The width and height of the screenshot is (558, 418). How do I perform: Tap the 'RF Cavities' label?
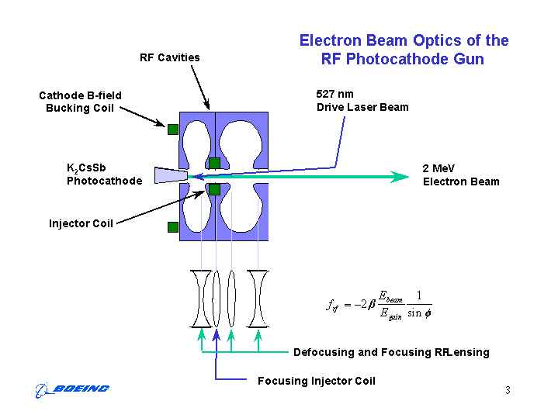[x=169, y=57]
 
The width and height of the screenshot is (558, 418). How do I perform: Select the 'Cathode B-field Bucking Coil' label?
[x=80, y=102]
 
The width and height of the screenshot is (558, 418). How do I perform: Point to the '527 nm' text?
[x=334, y=93]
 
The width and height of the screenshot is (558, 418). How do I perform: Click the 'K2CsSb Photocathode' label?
[x=104, y=174]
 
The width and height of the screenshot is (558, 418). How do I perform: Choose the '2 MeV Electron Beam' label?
[x=461, y=174]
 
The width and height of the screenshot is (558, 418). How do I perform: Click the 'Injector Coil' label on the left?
[x=81, y=223]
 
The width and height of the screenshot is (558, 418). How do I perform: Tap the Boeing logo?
[x=73, y=389]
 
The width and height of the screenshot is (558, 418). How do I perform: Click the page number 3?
[x=508, y=390]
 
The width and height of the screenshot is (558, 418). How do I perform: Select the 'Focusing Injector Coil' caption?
[x=316, y=381]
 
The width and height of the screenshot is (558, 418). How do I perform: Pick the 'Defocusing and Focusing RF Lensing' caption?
[x=391, y=352]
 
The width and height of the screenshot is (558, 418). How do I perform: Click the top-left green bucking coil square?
[x=173, y=130]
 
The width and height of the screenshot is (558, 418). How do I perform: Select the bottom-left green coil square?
[x=173, y=227]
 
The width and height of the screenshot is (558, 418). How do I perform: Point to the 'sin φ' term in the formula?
[x=419, y=313]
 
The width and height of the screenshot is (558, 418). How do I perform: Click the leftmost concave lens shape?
[x=201, y=299]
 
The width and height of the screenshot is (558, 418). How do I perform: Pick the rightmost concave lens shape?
[x=258, y=299]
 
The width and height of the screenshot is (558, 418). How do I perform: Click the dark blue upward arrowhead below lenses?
[x=216, y=334]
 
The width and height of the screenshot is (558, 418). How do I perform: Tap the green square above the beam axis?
[x=214, y=163]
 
